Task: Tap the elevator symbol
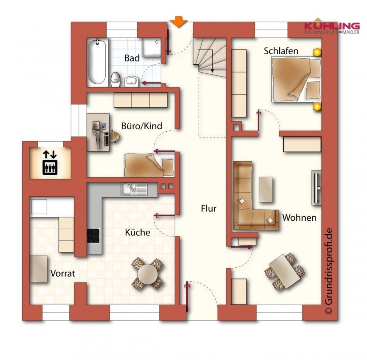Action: [x=50, y=163]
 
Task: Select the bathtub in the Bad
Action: [x=97, y=61]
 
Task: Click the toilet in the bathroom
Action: [x=116, y=79]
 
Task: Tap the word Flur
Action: [x=209, y=208]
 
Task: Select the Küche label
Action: [x=137, y=232]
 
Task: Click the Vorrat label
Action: [x=63, y=273]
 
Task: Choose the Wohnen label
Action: [x=299, y=218]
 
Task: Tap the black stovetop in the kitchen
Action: [x=93, y=235]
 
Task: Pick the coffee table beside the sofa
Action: [x=266, y=189]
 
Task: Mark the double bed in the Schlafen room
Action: [x=296, y=79]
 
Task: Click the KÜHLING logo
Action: [x=331, y=26]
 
